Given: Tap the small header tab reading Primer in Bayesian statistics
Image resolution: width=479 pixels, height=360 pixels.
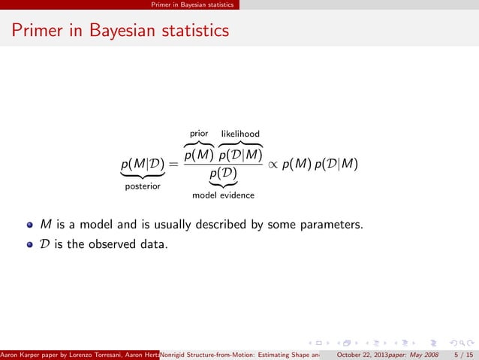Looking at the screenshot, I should (x=192, y=5).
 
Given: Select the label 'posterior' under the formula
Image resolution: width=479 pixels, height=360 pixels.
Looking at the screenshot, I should (x=142, y=187).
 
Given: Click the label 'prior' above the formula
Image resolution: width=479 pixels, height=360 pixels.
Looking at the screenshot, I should (x=199, y=134).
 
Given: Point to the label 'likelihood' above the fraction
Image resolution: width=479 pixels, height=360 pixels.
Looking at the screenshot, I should (x=240, y=134).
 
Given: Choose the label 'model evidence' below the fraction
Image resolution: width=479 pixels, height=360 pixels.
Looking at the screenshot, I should (x=224, y=195).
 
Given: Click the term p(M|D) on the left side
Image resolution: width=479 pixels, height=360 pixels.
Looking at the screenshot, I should (x=142, y=165).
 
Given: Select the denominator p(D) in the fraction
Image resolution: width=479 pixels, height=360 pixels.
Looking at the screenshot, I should (x=224, y=175).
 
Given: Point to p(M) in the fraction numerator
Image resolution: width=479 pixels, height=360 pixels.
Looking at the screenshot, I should (x=200, y=155).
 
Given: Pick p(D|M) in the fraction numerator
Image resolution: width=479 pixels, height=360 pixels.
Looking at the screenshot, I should (x=240, y=155).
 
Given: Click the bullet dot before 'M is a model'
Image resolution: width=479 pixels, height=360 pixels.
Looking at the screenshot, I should (x=30, y=225).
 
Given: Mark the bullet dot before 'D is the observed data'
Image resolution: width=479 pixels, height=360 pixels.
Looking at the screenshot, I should (x=30, y=243).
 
